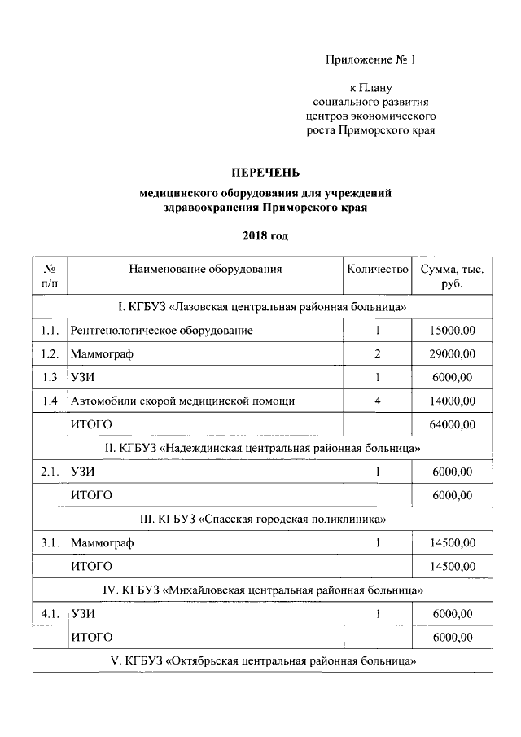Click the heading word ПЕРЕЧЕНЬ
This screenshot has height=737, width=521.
tap(265, 172)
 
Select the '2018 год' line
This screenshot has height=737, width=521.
tap(265, 236)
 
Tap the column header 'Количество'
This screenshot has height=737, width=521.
tap(376, 269)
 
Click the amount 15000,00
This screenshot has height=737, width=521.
tap(451, 331)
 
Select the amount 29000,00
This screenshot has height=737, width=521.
tap(451, 354)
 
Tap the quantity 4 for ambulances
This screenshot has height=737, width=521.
tap(378, 401)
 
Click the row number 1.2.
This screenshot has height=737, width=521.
tap(50, 354)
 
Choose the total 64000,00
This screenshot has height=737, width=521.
tap(451, 424)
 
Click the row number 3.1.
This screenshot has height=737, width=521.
tap(50, 542)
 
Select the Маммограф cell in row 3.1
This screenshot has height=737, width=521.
tap(103, 542)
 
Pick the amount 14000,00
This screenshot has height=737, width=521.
tap(451, 401)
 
